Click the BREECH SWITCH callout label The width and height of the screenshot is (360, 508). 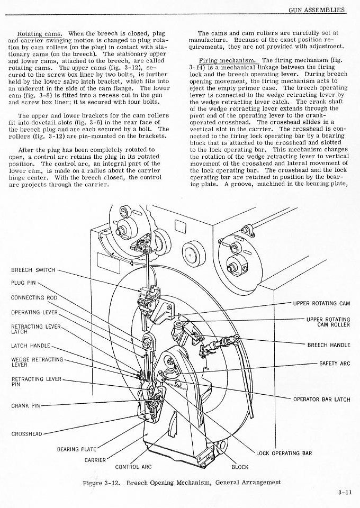coord(33,270)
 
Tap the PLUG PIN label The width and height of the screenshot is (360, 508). coord(24,283)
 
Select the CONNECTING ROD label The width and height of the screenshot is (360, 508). coord(34,297)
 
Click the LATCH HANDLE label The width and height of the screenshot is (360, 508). coord(30,346)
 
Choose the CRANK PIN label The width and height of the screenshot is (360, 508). coord(25,406)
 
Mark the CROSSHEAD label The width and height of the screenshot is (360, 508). coord(26,434)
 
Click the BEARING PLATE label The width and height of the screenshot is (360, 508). coord(76,449)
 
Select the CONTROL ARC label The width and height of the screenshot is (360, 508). coord(133,467)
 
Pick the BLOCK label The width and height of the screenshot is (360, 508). coord(239,467)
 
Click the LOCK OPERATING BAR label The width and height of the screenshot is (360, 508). coord(284,453)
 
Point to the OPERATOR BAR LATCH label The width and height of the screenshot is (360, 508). coord(321,399)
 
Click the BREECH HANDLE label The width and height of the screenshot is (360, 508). coord(329,345)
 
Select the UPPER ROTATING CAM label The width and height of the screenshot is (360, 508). coord(321,303)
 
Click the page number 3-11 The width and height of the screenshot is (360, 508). coord(345,493)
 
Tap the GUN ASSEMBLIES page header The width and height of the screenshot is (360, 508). coord(317,10)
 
